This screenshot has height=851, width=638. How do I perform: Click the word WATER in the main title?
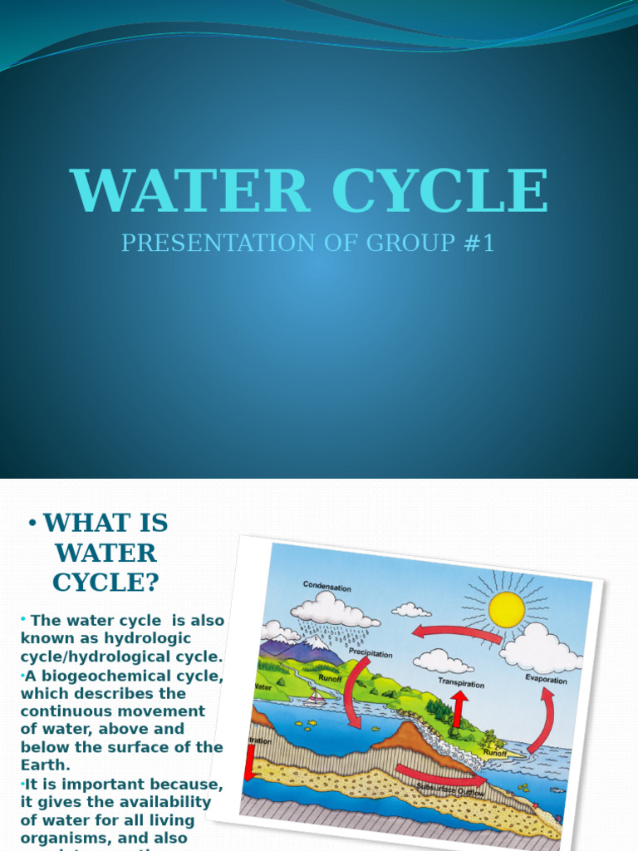(x=190, y=192)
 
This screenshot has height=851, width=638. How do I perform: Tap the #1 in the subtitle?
(x=478, y=243)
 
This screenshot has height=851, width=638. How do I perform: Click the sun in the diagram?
(x=506, y=609)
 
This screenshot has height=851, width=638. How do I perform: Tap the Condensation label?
(x=326, y=587)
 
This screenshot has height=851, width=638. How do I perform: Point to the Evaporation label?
(x=546, y=679)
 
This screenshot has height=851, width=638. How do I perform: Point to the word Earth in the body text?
(x=47, y=765)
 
